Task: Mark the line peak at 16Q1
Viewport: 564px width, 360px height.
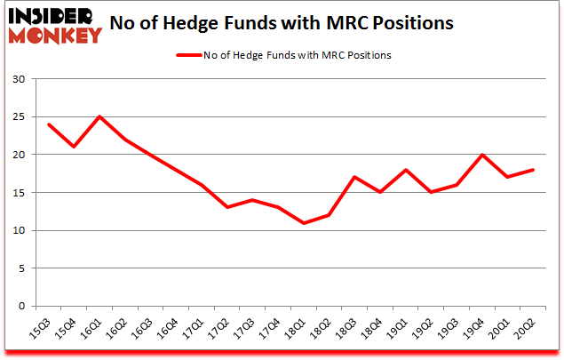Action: pyautogui.click(x=99, y=116)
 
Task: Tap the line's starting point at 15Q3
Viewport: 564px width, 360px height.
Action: pyautogui.click(x=48, y=124)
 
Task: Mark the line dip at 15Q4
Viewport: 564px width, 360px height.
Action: pyautogui.click(x=74, y=147)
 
